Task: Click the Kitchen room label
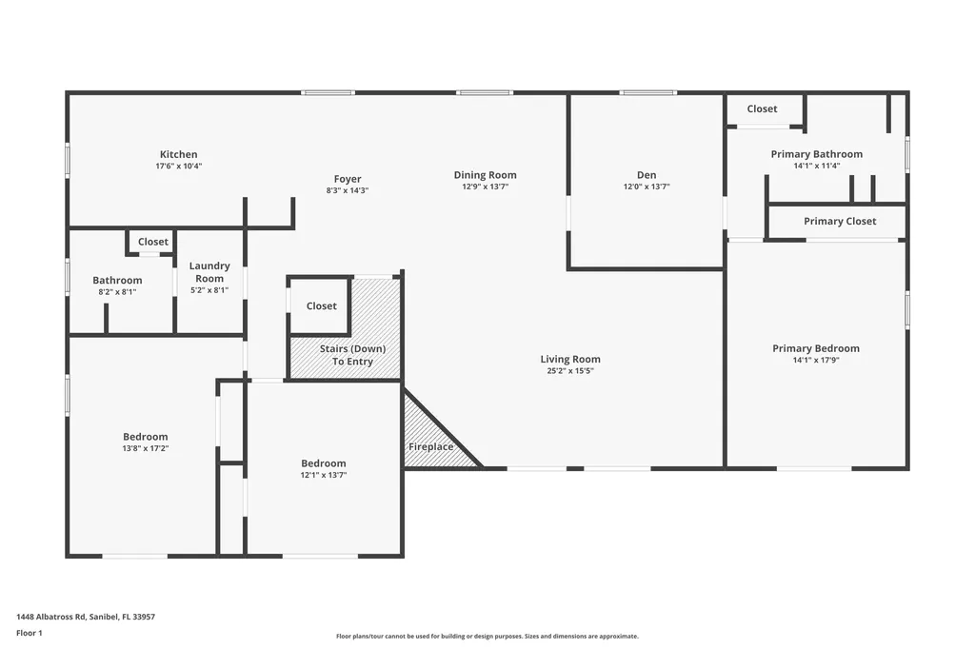pyautogui.click(x=178, y=154)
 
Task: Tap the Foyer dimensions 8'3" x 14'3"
pyautogui.click(x=347, y=190)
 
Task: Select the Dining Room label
pyautogui.click(x=485, y=175)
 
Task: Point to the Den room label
pyautogui.click(x=647, y=175)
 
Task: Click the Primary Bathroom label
pyautogui.click(x=816, y=154)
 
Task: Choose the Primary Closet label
pyautogui.click(x=839, y=221)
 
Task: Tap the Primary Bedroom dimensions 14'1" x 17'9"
pyautogui.click(x=815, y=360)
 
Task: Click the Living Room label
pyautogui.click(x=570, y=359)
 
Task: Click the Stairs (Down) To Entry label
pyautogui.click(x=351, y=355)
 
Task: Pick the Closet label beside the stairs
pyautogui.click(x=321, y=306)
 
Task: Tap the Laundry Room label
pyautogui.click(x=209, y=272)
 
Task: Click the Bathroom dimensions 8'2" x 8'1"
pyautogui.click(x=117, y=291)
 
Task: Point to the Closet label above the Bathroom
pyautogui.click(x=152, y=242)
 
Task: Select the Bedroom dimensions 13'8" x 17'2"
pyautogui.click(x=145, y=448)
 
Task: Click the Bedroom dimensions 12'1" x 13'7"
pyautogui.click(x=324, y=474)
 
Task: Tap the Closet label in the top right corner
pyautogui.click(x=762, y=108)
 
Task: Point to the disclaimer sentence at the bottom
pyautogui.click(x=487, y=636)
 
